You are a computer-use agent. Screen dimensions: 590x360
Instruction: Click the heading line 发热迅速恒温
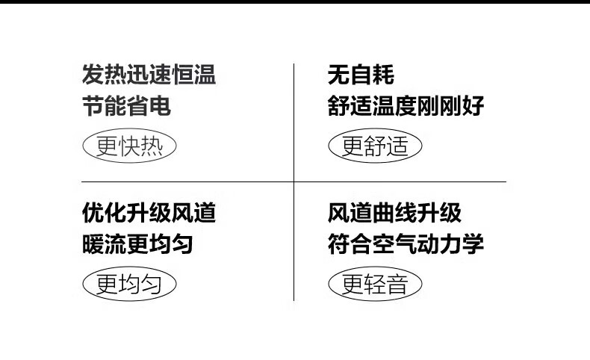point(149,75)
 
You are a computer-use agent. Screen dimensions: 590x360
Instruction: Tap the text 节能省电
point(126,106)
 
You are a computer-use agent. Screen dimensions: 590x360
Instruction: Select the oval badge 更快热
point(128,146)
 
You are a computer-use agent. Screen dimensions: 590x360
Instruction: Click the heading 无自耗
point(361,75)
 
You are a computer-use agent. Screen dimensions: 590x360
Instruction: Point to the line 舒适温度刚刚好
point(406,106)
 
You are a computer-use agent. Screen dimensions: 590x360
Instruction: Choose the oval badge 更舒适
point(376,146)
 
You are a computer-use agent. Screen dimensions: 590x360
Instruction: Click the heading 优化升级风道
point(149,214)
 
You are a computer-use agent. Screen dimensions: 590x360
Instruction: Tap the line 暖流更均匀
point(137,244)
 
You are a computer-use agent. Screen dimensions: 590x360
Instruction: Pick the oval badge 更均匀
point(128,285)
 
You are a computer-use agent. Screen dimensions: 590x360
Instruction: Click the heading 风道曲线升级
point(394,214)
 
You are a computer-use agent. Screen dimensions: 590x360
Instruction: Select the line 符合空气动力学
point(406,244)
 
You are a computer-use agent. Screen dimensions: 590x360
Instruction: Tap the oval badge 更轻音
point(376,285)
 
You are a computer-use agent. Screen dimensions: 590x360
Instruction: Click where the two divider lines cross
point(294,181)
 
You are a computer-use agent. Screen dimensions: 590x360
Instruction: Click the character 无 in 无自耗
point(338,75)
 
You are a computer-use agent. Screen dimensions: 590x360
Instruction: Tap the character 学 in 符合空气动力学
point(473,244)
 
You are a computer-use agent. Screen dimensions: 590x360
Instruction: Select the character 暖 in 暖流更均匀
point(93,244)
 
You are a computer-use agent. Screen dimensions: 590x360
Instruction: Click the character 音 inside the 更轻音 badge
point(398,285)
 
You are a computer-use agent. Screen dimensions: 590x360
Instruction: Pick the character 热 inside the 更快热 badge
point(151,146)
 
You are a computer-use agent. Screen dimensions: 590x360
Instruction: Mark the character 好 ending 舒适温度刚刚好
point(473,106)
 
